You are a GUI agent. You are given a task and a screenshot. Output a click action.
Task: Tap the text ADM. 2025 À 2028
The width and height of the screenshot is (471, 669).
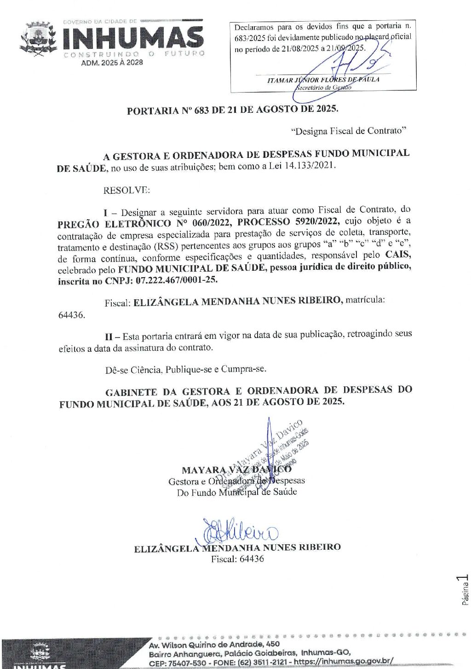click(x=112, y=63)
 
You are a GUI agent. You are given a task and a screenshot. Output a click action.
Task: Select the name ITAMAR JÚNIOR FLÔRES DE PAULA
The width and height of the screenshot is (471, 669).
click(x=323, y=80)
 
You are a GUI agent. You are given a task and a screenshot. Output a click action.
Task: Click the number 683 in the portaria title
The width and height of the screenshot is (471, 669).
click(x=201, y=110)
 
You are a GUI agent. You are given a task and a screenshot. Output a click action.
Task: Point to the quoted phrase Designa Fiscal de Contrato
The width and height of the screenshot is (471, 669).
click(x=349, y=131)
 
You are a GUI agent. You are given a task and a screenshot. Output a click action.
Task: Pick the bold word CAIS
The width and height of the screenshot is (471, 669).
click(x=398, y=255)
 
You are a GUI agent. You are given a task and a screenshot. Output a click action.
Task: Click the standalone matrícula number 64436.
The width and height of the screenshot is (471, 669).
click(x=71, y=315)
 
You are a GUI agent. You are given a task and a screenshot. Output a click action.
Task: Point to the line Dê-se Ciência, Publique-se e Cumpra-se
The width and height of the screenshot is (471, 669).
click(x=186, y=369)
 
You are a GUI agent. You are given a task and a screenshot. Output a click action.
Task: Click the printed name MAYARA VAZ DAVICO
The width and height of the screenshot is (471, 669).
click(x=236, y=470)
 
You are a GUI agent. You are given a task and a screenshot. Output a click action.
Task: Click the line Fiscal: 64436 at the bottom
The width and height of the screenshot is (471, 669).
click(x=237, y=559)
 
